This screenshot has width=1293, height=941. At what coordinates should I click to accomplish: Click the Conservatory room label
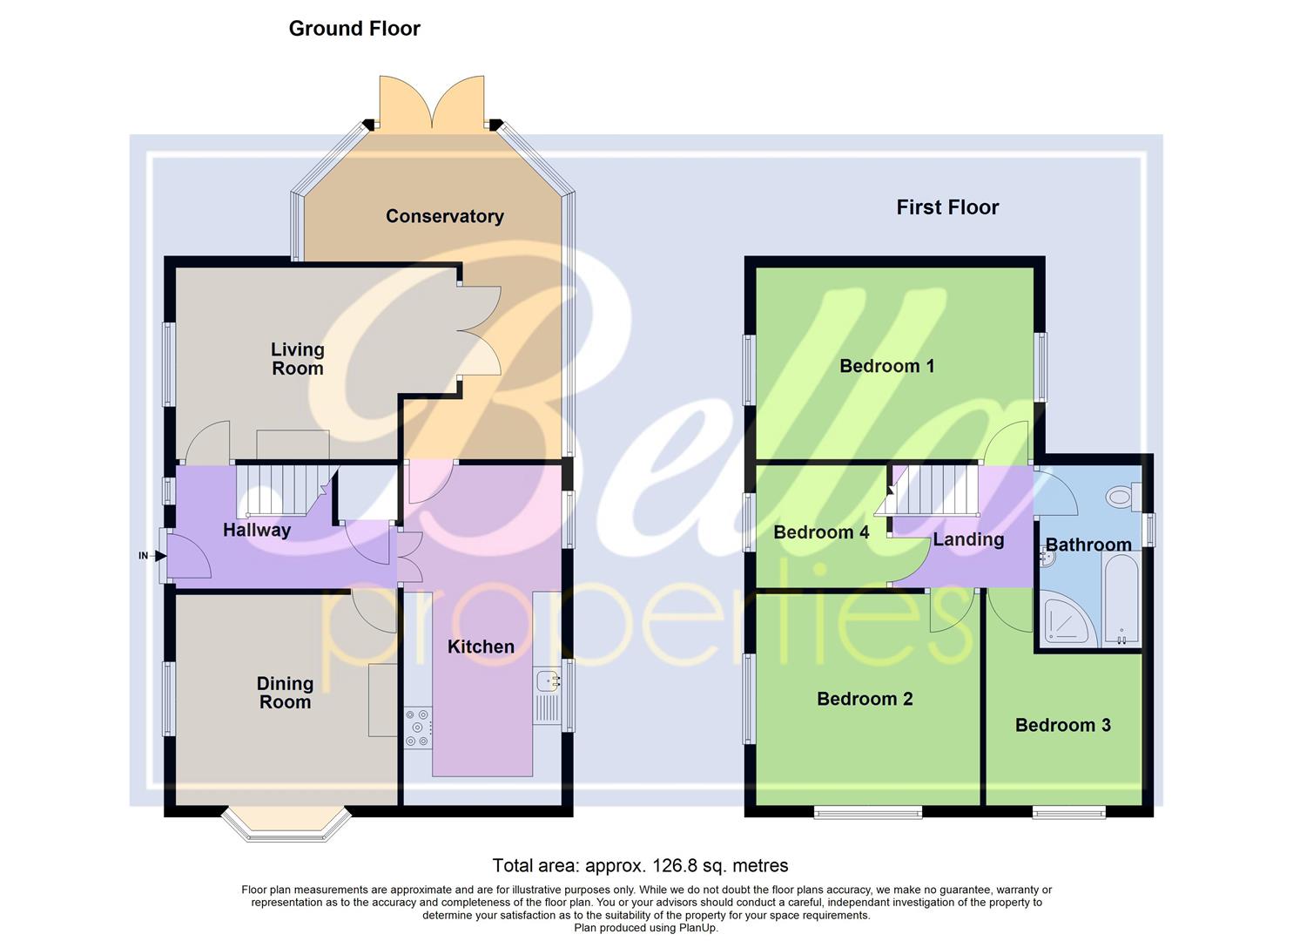coord(444,216)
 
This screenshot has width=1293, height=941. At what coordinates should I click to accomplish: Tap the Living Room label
coord(297,359)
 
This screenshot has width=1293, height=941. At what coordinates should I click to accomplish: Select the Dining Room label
coord(285,693)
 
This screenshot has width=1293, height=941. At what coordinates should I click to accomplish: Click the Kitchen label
coord(481,647)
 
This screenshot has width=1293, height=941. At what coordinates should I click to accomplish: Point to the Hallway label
coord(257,530)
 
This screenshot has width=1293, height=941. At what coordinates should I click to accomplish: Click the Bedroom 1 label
coord(886,366)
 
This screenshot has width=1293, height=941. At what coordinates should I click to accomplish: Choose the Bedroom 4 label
coord(821,532)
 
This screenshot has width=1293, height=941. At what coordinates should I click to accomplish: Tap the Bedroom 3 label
coord(1062,725)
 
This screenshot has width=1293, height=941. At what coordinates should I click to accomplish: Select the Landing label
coord(968,539)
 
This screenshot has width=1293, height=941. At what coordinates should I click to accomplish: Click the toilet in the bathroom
coord(1121,498)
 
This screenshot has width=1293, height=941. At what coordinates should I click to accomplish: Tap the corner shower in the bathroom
coord(1067,619)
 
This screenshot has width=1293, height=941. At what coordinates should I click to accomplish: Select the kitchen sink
coord(547,680)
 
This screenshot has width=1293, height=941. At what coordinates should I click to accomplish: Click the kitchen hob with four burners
coord(418,728)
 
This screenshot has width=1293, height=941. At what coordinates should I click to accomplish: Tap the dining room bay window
coord(286,828)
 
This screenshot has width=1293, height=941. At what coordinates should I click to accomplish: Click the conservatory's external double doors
coord(432,105)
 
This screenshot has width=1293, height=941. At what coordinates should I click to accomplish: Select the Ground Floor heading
coord(354,29)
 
